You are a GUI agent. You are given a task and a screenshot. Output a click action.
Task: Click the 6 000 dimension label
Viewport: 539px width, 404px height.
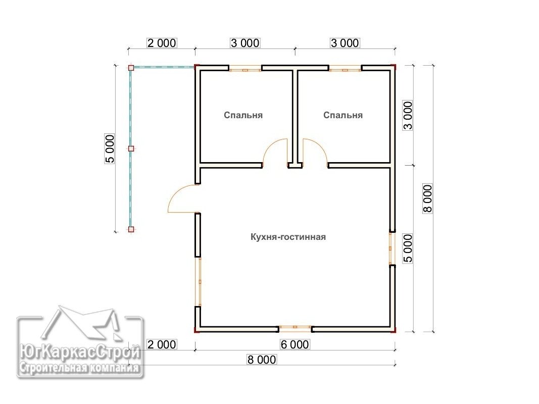coord(295,344)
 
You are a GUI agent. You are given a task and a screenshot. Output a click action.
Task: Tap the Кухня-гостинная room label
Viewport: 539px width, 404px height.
coord(288,237)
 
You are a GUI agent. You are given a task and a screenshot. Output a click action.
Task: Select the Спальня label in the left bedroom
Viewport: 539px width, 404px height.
coord(243,115)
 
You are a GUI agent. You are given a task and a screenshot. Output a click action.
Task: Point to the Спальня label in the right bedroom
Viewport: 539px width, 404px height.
coord(342,115)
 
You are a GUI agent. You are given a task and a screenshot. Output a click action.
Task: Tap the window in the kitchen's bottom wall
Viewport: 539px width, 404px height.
coord(295,329)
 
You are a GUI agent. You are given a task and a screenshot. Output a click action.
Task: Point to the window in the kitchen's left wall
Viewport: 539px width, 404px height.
coord(199,281)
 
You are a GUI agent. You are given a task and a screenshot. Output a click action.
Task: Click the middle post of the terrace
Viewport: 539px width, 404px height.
coord(131,149)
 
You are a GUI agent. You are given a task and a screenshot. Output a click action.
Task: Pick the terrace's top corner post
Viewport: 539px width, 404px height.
coord(131,68)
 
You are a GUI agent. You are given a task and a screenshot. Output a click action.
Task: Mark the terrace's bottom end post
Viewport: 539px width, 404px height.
coord(131,229)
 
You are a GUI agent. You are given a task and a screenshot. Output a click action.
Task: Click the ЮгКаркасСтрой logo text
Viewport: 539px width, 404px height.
coord(80,352)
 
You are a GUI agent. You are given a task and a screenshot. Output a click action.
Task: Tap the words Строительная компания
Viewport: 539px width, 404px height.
coord(80,368)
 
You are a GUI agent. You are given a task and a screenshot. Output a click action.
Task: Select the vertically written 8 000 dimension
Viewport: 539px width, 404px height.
coord(428,199)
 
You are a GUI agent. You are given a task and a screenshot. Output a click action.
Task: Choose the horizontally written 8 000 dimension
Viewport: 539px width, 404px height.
coord(262,360)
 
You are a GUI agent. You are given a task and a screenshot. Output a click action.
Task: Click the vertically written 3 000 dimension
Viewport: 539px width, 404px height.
coord(408,115)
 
